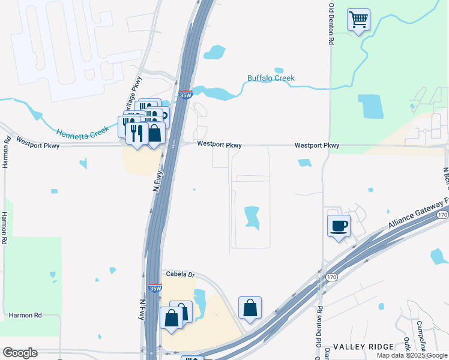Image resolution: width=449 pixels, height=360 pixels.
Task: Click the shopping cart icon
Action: pyautogui.click(x=358, y=20)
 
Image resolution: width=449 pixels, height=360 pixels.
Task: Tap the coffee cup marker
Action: pyautogui.click(x=339, y=226)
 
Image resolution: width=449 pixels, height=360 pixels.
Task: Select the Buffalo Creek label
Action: pyautogui.click(x=271, y=78)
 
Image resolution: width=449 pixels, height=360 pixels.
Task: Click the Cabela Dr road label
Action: pyautogui.click(x=181, y=274)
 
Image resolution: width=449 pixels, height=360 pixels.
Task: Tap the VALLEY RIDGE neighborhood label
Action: pyautogui.click(x=364, y=347)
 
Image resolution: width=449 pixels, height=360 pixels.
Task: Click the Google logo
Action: pyautogui.click(x=20, y=353)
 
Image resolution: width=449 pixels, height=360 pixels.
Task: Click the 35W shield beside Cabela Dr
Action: pyautogui.click(x=155, y=288)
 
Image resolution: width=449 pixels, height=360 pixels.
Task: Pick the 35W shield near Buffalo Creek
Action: pyautogui.click(x=185, y=95)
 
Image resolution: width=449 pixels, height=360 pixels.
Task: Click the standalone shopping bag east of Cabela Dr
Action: pyautogui.click(x=250, y=308)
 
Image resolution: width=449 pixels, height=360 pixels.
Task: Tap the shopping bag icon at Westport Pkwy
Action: pyautogui.click(x=155, y=133)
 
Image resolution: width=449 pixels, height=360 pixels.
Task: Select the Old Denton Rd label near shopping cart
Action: pyautogui.click(x=331, y=25)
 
